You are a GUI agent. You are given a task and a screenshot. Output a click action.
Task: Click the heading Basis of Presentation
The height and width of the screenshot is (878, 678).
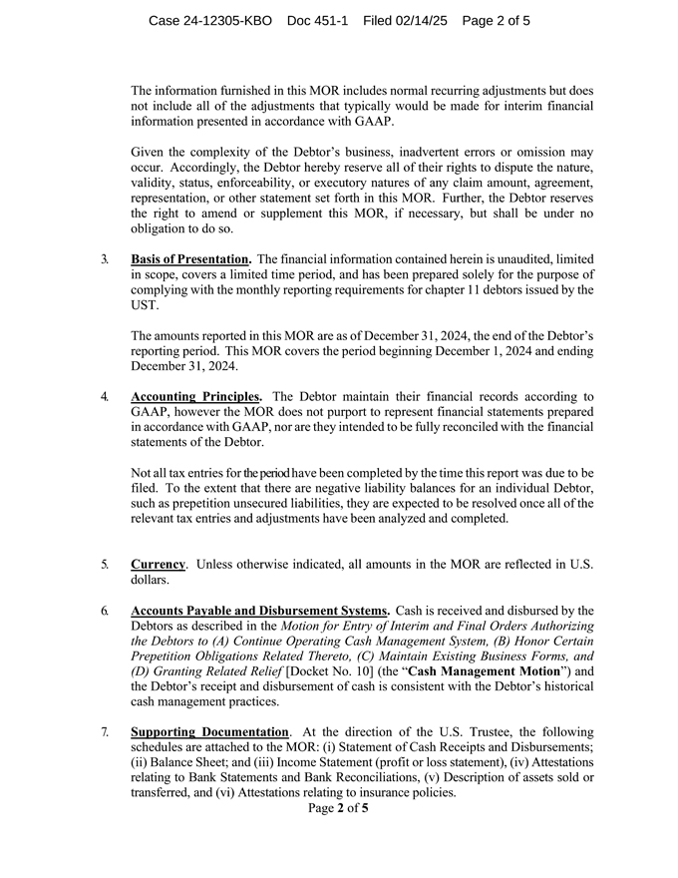pos(190,259)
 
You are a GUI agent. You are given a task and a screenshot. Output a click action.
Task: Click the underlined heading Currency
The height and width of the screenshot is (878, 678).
pos(158,565)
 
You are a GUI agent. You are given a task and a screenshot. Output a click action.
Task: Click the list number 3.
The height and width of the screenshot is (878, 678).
pos(105,259)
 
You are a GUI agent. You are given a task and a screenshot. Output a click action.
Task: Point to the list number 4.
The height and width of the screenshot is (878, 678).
pos(105,396)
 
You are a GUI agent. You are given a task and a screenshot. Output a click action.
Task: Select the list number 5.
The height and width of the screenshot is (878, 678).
pos(105,565)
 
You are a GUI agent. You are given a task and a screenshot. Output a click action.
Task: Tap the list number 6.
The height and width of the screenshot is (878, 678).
pos(105,611)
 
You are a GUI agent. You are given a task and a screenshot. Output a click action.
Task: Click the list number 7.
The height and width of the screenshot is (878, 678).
pos(105,732)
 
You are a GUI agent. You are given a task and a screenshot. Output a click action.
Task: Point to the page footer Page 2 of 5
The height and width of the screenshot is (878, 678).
pos(339,809)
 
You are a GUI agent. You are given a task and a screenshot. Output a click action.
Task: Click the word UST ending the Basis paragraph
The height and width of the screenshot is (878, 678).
pos(144,305)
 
